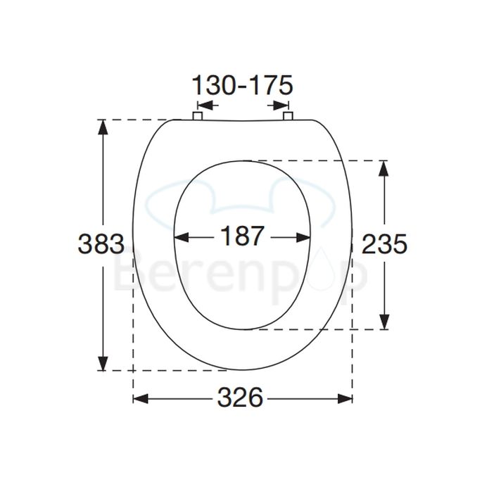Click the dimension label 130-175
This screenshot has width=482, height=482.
point(241,86)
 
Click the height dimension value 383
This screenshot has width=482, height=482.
point(101,244)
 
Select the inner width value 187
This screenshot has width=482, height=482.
point(241,236)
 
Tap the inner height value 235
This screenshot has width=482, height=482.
point(384,244)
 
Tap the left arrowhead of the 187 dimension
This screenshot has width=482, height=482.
point(180,236)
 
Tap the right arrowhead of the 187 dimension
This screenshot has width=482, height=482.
point(304,236)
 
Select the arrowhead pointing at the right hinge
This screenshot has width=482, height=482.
point(273,106)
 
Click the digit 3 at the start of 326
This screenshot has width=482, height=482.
point(224,398)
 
